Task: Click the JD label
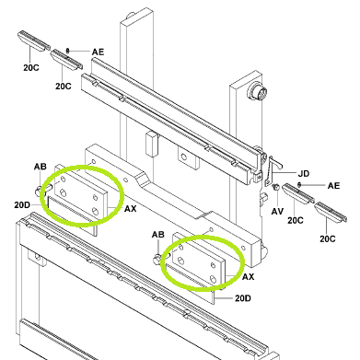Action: point(304,174)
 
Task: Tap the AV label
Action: point(277,212)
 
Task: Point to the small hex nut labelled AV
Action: point(275,187)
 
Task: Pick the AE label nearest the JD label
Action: point(333,186)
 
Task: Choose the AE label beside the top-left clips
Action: point(98,52)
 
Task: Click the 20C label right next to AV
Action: point(296,220)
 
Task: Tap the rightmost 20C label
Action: point(328,238)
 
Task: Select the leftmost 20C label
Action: point(31,67)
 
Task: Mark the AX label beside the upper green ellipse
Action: point(130,209)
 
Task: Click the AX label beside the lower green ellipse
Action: point(249,277)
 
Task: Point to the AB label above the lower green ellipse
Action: point(158,235)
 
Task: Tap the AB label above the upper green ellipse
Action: point(41,167)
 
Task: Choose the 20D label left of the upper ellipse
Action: point(22,204)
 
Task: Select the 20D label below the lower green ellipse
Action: point(243,298)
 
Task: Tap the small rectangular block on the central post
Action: point(152,144)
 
